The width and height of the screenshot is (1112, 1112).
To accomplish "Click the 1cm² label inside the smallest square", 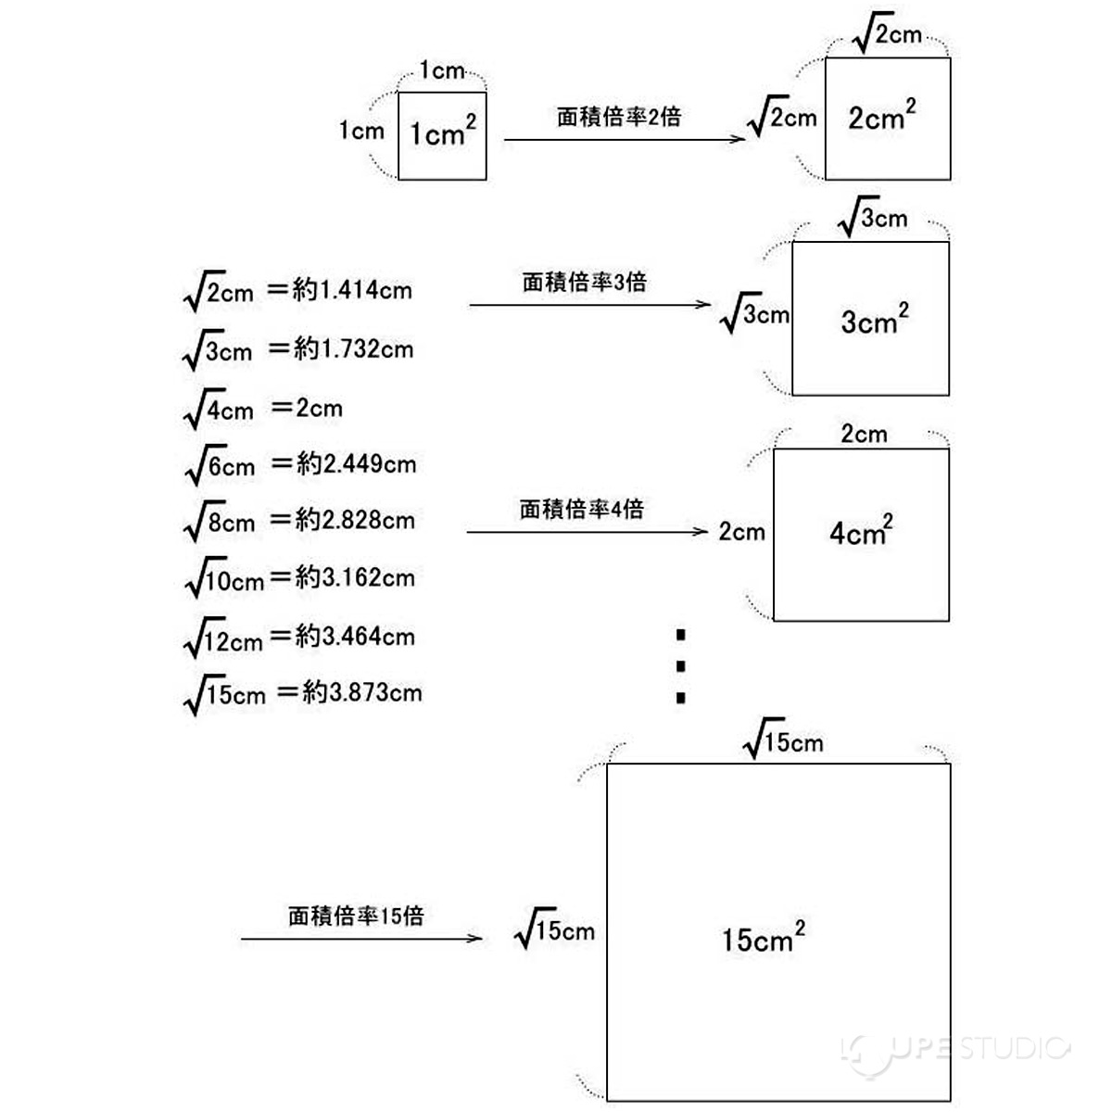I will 442,133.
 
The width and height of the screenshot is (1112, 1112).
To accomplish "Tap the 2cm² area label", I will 881,117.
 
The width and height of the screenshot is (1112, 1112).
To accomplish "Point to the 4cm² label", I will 861,532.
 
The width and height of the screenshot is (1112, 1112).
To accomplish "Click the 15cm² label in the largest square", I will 763,938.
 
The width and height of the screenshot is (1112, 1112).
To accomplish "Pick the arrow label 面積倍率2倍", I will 619,117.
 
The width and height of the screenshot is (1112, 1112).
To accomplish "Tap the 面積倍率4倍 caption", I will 581,509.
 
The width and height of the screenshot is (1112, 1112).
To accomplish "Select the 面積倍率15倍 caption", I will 356,916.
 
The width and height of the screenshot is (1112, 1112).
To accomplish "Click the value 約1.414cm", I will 352,291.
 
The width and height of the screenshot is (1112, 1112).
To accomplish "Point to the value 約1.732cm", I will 353,349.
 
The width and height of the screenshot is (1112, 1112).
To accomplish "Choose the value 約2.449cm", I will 356,464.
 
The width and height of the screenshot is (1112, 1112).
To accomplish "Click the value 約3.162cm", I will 355,578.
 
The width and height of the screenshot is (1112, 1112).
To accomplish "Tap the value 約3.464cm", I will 355,637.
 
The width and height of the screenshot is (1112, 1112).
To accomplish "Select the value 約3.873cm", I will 361,693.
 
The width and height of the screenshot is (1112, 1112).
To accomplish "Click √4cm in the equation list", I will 220,410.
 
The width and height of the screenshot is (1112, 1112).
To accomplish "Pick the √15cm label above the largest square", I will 783,741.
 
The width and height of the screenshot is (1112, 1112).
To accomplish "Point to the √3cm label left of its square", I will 754,315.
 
